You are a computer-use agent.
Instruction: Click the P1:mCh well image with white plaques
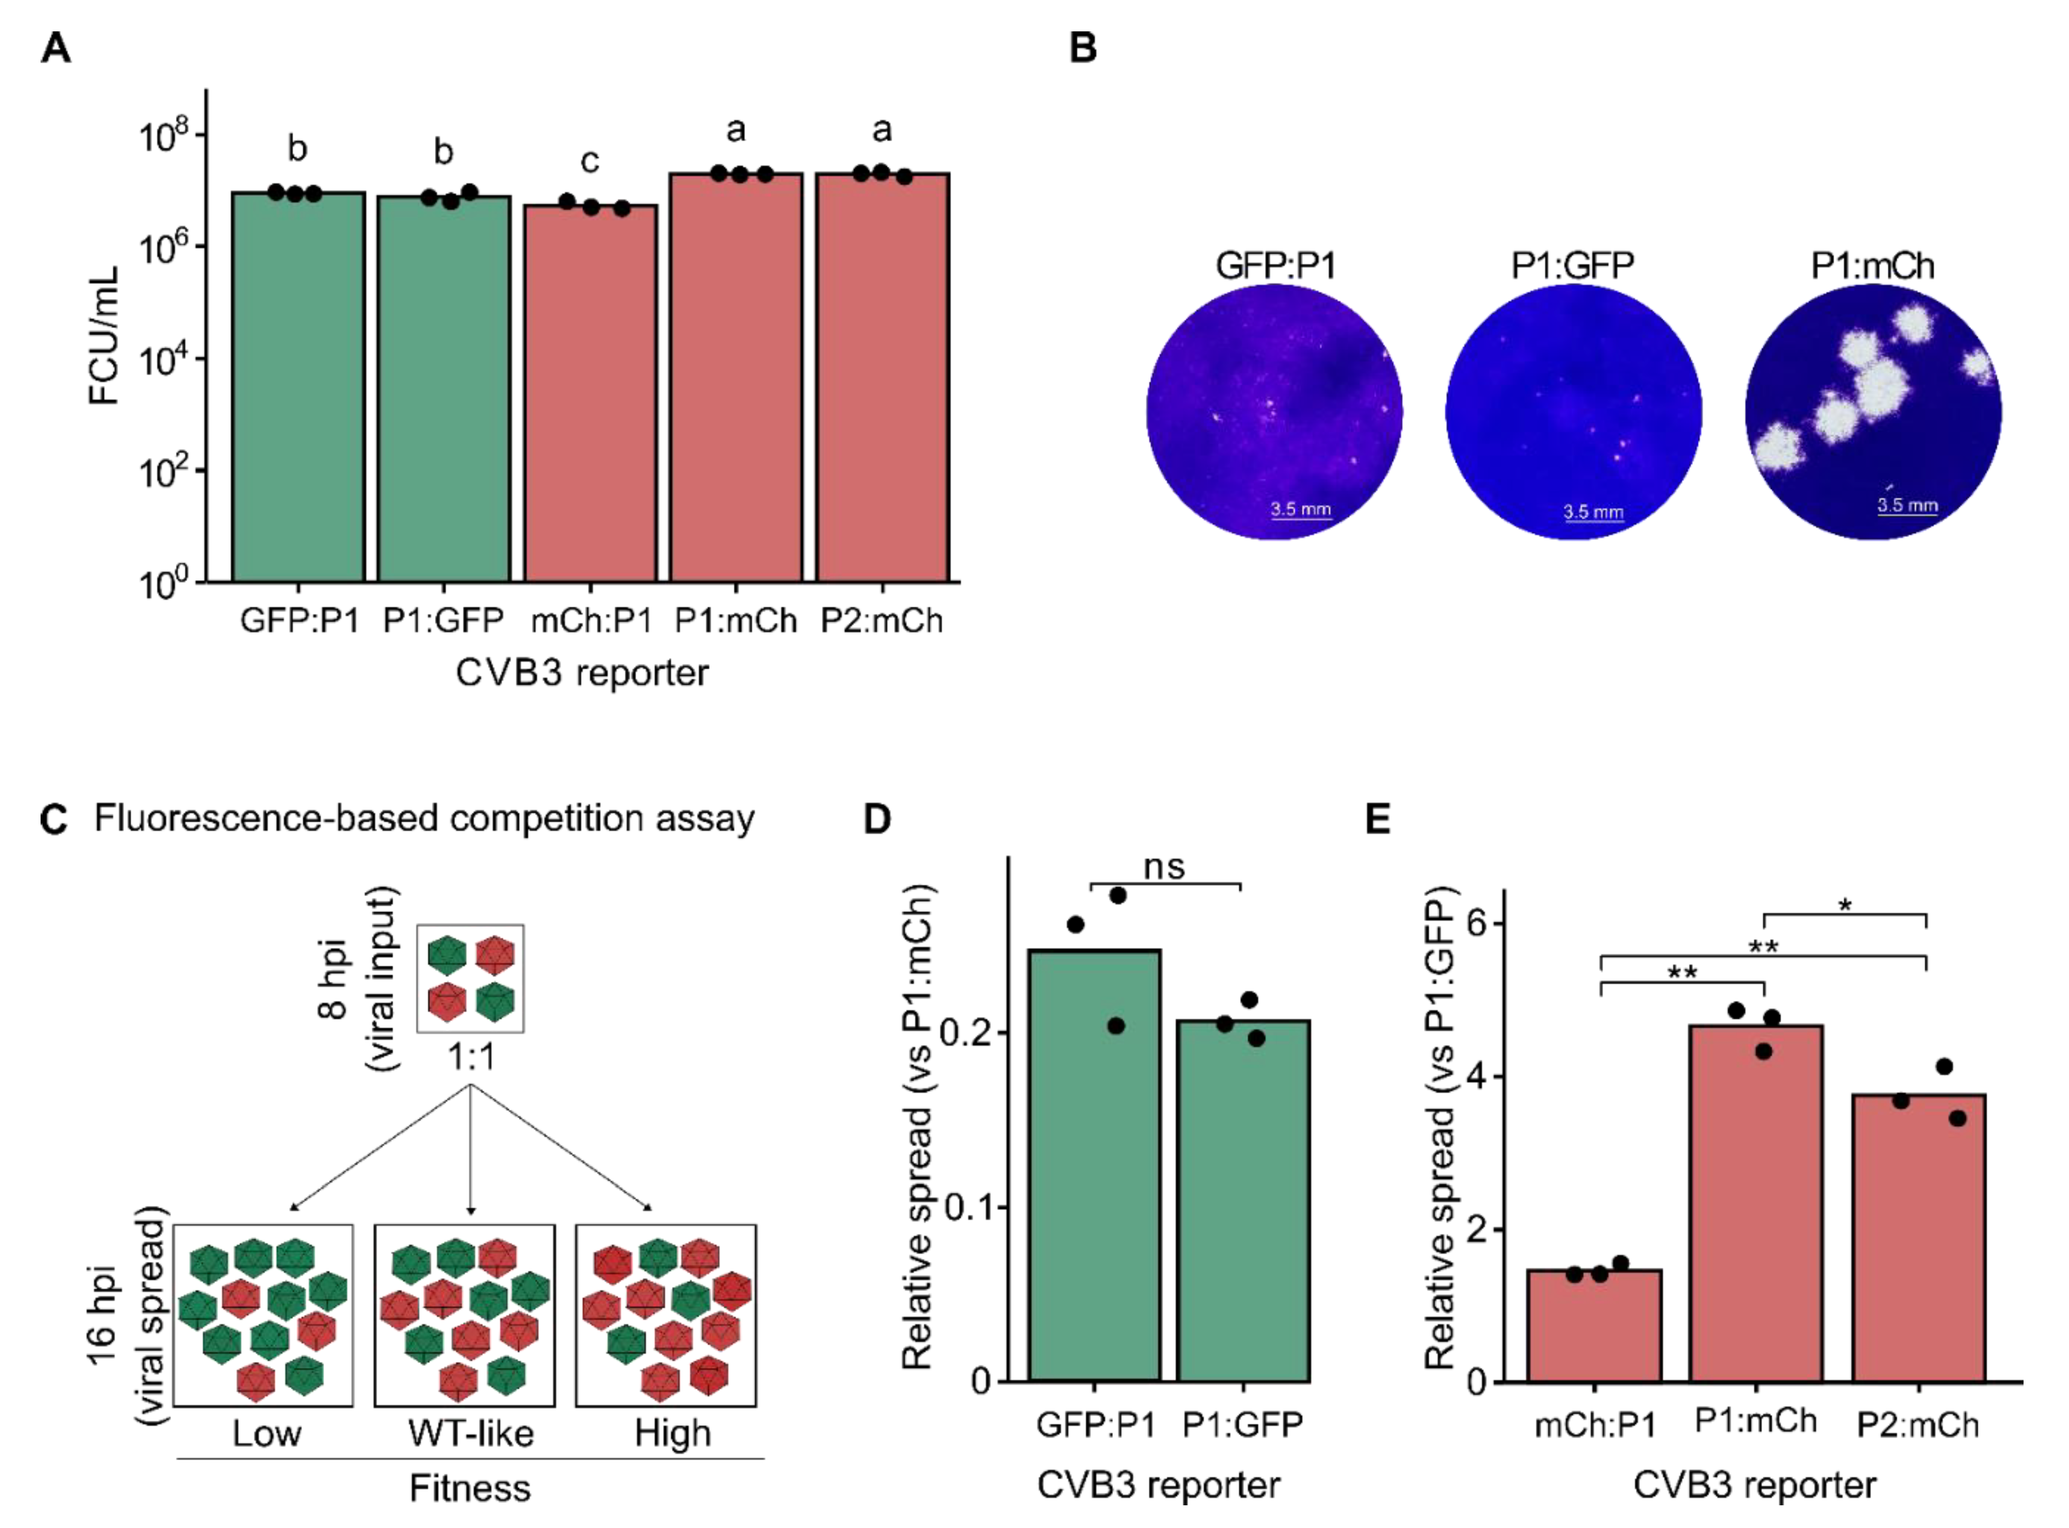tap(1872, 411)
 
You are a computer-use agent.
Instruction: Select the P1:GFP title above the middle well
tap(1572, 265)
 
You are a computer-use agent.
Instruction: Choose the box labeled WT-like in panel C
tap(465, 1316)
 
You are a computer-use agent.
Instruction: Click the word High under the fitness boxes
tap(673, 1434)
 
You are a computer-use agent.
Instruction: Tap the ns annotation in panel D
tap(1164, 867)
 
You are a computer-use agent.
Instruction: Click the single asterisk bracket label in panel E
tap(1844, 906)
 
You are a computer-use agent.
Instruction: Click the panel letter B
tap(1083, 46)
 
